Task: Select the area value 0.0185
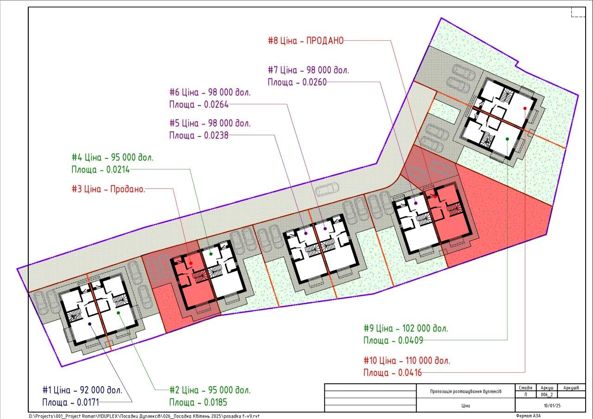click(215, 402)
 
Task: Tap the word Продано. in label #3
click(127, 189)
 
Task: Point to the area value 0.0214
click(118, 169)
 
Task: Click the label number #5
click(175, 123)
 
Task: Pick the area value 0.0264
click(216, 105)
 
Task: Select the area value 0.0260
click(315, 82)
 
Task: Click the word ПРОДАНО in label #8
click(325, 41)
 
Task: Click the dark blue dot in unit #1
click(90, 324)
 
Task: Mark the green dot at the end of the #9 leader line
click(507, 139)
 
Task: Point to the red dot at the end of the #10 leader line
click(525, 108)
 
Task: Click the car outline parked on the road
click(328, 189)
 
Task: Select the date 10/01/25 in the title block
click(552, 406)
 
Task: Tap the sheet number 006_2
click(547, 394)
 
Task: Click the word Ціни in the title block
click(466, 406)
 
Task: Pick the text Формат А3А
click(528, 416)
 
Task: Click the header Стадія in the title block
click(525, 388)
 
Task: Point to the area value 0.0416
click(410, 373)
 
